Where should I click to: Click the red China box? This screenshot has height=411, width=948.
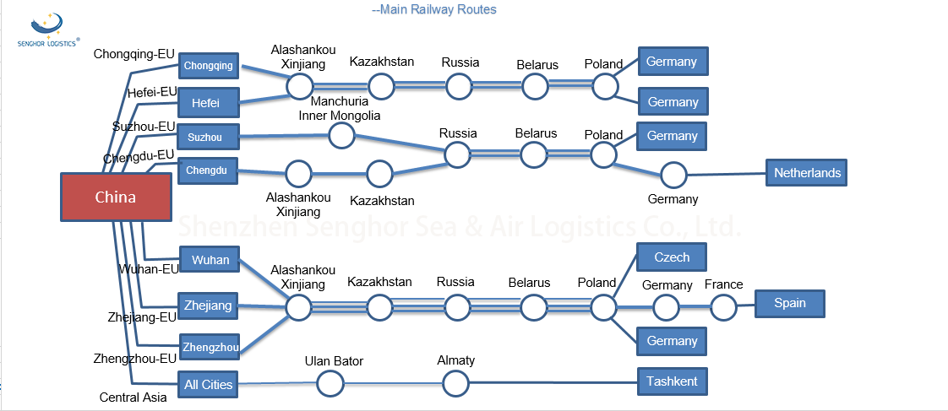coord(116,197)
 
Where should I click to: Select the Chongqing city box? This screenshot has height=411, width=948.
coord(209,65)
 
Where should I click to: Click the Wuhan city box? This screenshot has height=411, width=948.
coord(210,259)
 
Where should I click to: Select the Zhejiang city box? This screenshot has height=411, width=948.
coord(208,306)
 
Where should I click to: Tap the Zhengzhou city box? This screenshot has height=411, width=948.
coord(210,347)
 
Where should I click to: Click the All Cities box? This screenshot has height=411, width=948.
coord(208,384)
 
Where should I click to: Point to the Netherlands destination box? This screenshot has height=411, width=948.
coord(807,173)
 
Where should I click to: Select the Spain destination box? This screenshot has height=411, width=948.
coord(789,303)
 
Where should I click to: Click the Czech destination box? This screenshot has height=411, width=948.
coord(672,257)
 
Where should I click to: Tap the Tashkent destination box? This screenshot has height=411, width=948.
coord(672,381)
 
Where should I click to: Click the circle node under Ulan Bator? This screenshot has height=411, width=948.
coord(330,384)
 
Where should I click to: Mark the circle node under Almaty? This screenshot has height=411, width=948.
coord(455,384)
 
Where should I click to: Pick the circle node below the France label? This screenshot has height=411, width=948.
coord(723,307)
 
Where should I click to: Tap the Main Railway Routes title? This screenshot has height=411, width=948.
coord(434,9)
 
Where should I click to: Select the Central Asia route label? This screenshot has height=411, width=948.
coord(133,397)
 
